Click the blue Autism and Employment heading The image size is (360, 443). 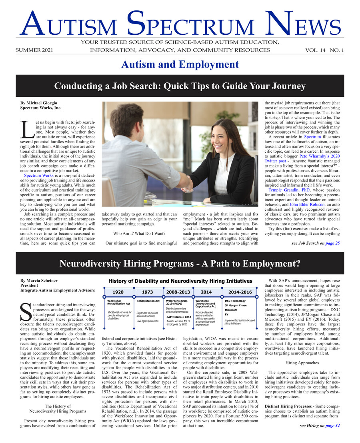tap(180, 64)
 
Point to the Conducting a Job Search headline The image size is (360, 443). tap(180, 86)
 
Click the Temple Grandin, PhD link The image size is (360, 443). tap(286, 190)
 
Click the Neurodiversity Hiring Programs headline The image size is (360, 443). tap(180, 263)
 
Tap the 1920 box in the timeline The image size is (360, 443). tap(118, 292)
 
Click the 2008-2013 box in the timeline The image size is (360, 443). tap(178, 292)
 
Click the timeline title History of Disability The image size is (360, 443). tap(180, 281)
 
